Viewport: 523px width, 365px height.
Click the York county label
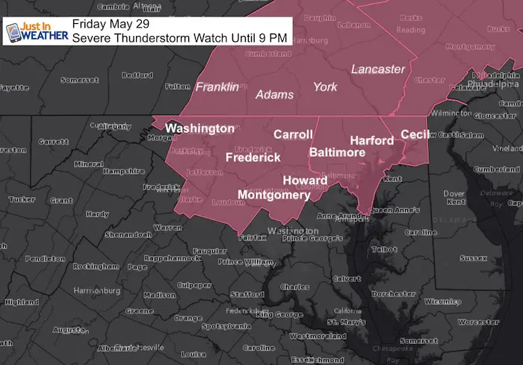pyautogui.click(x=325, y=87)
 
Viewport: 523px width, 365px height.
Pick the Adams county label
pyautogui.click(x=274, y=95)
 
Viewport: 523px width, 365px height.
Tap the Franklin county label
pyautogui.click(x=217, y=87)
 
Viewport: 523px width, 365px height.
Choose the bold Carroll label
pyautogui.click(x=293, y=134)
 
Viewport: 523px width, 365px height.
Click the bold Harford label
pyautogui.click(x=371, y=140)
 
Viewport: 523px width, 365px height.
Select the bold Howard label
pyautogui.click(x=304, y=181)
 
